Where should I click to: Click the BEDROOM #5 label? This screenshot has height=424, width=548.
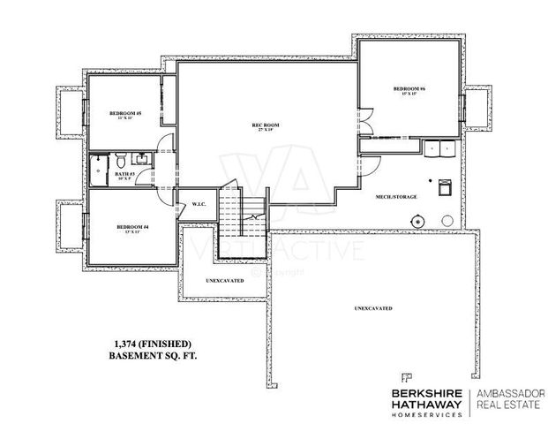click(126, 113)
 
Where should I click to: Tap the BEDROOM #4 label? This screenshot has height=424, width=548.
click(132, 228)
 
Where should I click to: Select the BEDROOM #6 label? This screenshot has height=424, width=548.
click(409, 90)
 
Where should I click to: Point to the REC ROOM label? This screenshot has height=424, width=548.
click(266, 126)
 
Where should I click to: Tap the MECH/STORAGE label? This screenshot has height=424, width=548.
click(395, 196)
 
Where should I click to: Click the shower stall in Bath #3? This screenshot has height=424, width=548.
click(98, 169)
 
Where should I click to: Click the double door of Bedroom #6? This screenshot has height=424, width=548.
click(363, 121)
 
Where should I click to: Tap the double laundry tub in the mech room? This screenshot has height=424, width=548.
click(438, 148)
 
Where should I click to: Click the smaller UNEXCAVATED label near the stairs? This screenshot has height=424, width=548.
click(225, 280)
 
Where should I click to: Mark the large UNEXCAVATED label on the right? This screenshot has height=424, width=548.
click(373, 308)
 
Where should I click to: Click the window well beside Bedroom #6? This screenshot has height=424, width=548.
click(477, 106)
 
